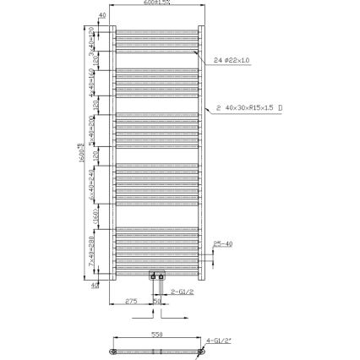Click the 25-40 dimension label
click(224, 243)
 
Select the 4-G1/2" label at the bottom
click(217, 341)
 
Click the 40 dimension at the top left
click(102, 15)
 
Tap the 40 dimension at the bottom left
click(95, 285)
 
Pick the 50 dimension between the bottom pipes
click(157, 300)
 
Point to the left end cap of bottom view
click(114, 350)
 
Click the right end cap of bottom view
click(200, 350)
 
